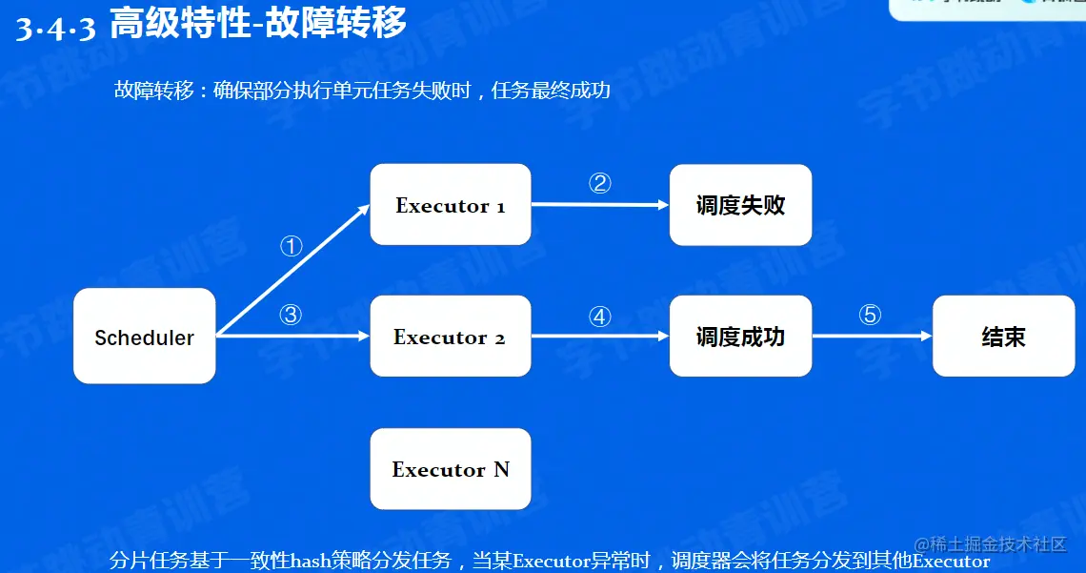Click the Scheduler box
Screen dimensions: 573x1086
coord(145,337)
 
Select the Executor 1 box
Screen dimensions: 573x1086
coord(451,205)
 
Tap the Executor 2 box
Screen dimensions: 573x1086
coord(451,337)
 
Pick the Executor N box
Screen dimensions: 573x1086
coord(451,469)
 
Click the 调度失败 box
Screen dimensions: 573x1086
coord(740,205)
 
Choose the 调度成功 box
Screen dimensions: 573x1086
coord(740,337)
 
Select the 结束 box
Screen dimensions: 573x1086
coord(1003,337)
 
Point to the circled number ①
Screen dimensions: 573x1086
coord(291,247)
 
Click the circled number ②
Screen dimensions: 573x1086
coord(599,184)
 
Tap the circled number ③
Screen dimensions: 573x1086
coord(291,315)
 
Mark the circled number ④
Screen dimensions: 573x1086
coord(599,317)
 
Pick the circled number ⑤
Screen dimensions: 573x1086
coord(870,315)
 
